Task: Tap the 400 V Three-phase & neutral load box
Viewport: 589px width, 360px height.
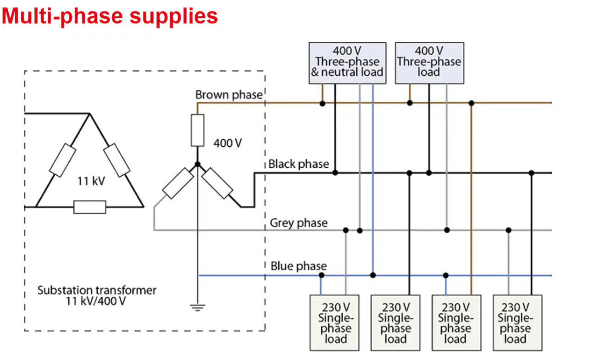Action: point(347,63)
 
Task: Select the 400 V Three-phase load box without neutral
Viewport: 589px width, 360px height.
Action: point(429,63)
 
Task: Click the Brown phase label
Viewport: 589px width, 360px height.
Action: point(229,94)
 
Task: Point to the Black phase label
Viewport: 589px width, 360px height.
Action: point(299,164)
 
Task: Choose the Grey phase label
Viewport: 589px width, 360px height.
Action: point(299,223)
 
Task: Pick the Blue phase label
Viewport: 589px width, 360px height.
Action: point(299,266)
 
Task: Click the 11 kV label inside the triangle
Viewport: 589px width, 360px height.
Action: point(91,181)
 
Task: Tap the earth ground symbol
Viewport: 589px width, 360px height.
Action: point(198,307)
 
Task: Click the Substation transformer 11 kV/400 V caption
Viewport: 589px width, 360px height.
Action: point(97,296)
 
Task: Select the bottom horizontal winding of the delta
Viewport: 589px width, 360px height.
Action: point(89,207)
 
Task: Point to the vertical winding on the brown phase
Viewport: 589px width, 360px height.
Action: point(197,130)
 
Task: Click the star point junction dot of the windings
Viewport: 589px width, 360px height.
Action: point(197,165)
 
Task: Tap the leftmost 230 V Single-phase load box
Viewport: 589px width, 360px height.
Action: point(334,323)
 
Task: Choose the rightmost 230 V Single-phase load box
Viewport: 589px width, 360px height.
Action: point(517,323)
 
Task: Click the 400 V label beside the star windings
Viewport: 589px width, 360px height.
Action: point(228,144)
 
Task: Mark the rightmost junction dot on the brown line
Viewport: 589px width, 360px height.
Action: point(472,103)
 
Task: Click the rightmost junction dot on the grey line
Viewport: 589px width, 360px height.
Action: point(509,230)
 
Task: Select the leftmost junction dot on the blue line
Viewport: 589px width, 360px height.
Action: point(321,275)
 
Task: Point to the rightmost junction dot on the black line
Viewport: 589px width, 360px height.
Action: point(531,173)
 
